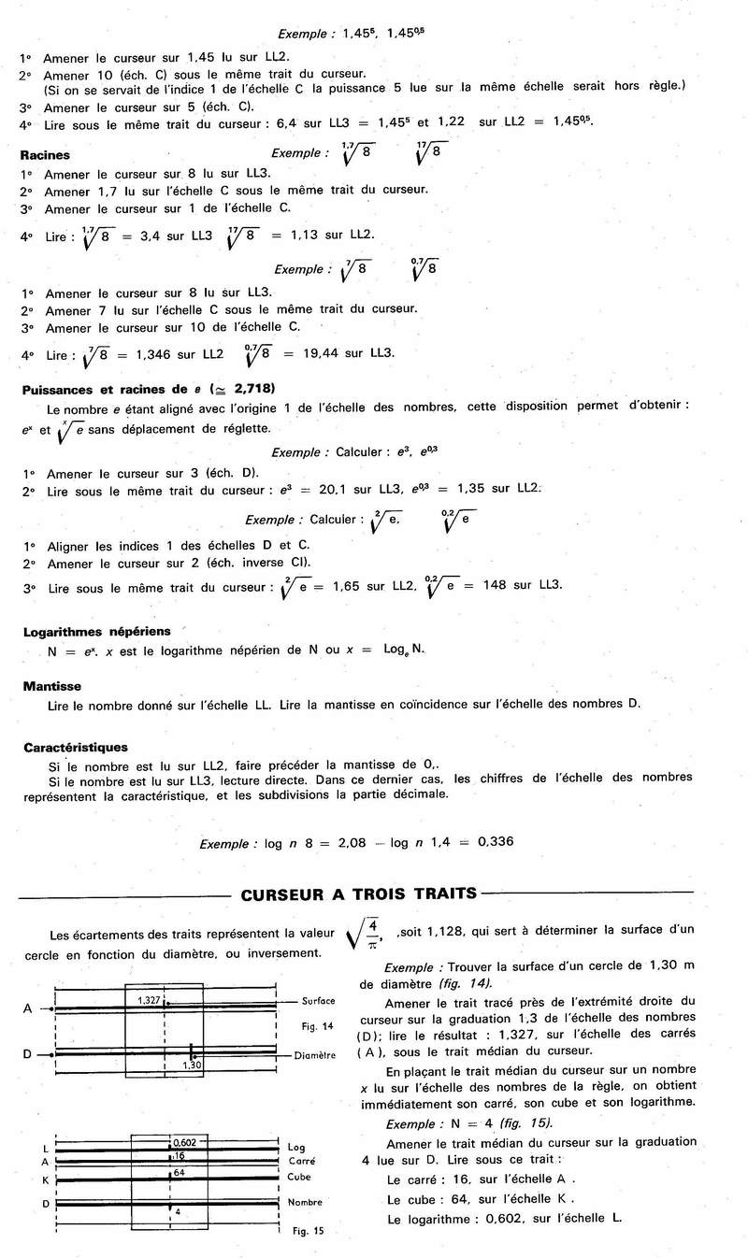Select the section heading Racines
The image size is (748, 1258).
(x=45, y=156)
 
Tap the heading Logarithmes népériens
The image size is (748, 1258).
(x=83, y=632)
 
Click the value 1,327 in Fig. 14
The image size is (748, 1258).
(x=150, y=1000)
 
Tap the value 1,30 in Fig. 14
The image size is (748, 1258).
(x=193, y=1065)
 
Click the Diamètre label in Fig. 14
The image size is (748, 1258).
(x=316, y=1056)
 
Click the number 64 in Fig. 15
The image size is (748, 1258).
(x=179, y=1171)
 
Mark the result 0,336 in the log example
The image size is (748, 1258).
(x=496, y=841)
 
